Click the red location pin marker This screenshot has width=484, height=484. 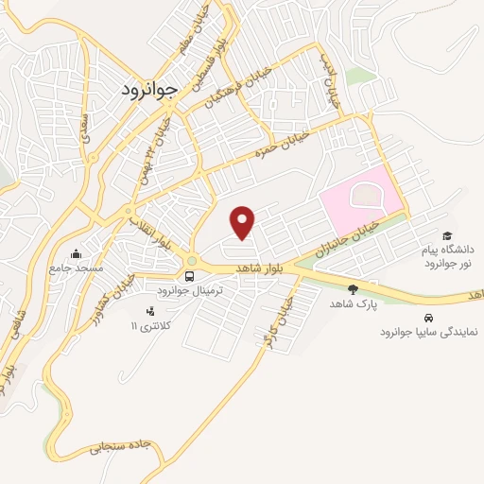pyautogui.click(x=244, y=222)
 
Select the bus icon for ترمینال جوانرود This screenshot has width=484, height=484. pyautogui.click(x=191, y=277)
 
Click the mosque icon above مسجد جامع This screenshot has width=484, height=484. pyautogui.click(x=76, y=252)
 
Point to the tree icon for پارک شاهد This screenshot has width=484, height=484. pyautogui.click(x=353, y=289)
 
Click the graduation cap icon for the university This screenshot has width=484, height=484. pyautogui.click(x=446, y=236)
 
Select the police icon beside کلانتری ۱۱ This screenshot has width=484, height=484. pyautogui.click(x=148, y=311)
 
